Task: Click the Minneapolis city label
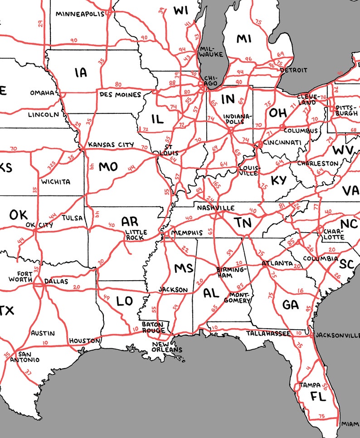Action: (x=80, y=14)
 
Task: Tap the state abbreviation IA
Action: (x=81, y=72)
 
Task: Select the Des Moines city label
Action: (x=120, y=95)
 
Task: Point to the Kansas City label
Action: (x=111, y=145)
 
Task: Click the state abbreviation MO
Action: (x=108, y=167)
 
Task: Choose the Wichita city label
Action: (x=56, y=182)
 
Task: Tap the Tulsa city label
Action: (x=73, y=218)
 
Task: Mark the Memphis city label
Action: (x=187, y=233)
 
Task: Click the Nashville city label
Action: (x=215, y=208)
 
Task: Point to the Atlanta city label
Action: (x=277, y=263)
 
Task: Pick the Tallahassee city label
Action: (x=268, y=334)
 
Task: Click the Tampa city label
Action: (x=310, y=385)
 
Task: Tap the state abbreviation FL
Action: (x=318, y=397)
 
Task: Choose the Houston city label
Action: (x=84, y=341)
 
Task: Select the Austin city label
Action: (x=43, y=333)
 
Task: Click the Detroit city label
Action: (x=293, y=70)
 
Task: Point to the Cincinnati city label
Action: (x=282, y=143)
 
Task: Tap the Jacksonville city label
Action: (x=337, y=335)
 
